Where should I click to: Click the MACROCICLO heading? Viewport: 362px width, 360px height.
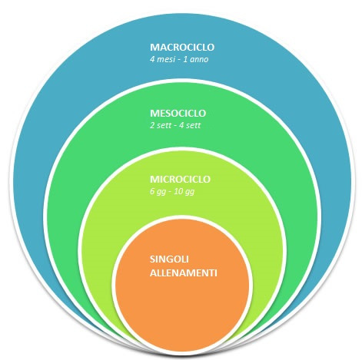(x=182, y=48)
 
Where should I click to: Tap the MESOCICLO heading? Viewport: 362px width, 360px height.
(x=178, y=114)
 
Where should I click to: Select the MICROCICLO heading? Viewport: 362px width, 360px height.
(x=180, y=179)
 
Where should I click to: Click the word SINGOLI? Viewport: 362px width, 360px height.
(x=169, y=259)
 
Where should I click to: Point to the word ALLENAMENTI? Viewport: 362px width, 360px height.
(x=184, y=273)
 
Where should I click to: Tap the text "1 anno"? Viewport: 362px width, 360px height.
(x=196, y=60)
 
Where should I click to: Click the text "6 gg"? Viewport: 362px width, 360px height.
(x=158, y=192)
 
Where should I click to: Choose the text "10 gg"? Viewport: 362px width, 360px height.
(x=184, y=192)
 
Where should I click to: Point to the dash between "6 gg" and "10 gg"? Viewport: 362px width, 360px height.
(x=170, y=193)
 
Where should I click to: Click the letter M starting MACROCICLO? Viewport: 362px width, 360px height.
(x=154, y=48)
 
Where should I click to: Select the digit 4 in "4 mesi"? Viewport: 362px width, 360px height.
(x=152, y=60)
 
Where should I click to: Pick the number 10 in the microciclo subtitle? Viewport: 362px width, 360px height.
(x=178, y=191)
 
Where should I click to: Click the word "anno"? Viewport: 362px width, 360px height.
(x=199, y=60)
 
